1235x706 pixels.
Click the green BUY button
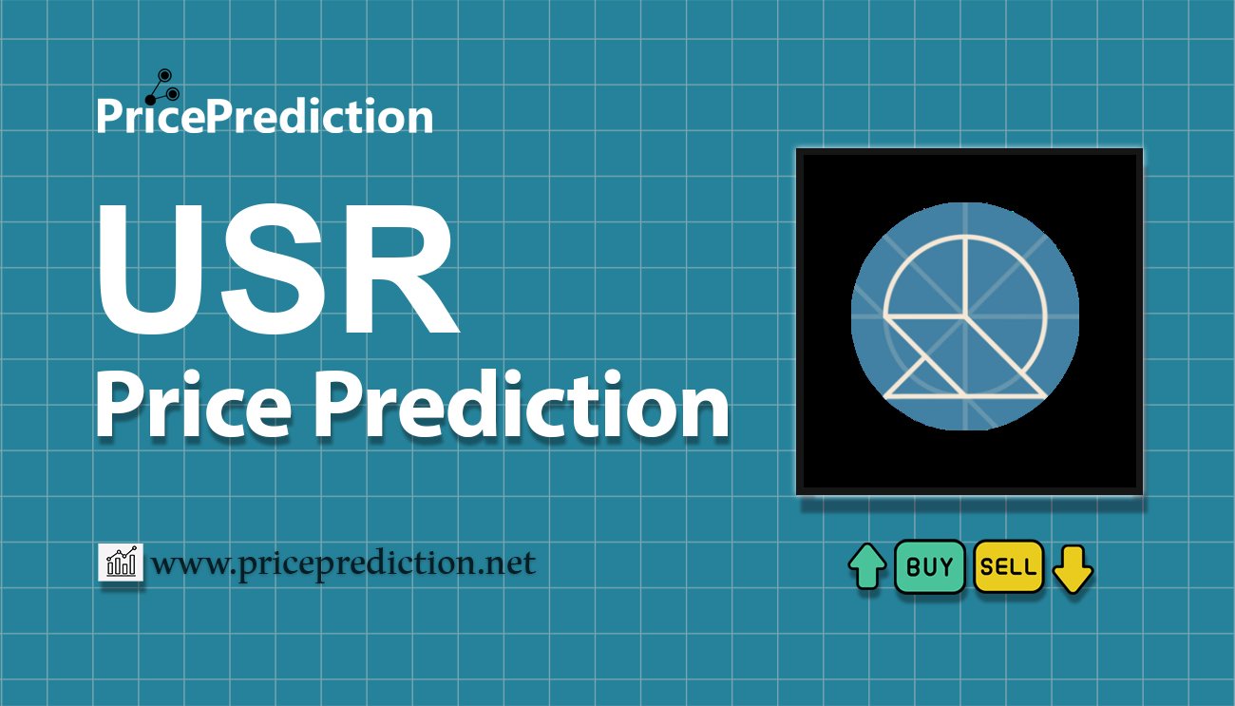pyautogui.click(x=929, y=567)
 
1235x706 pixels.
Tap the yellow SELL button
pyautogui.click(x=1008, y=567)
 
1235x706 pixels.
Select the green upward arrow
pyautogui.click(x=866, y=567)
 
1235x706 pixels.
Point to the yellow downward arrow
pyautogui.click(x=1073, y=568)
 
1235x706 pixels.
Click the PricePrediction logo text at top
pyautogui.click(x=264, y=117)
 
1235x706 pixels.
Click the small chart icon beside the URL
pyautogui.click(x=121, y=562)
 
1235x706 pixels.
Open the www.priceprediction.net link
pyautogui.click(x=343, y=563)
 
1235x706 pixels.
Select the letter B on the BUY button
pyautogui.click(x=913, y=567)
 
